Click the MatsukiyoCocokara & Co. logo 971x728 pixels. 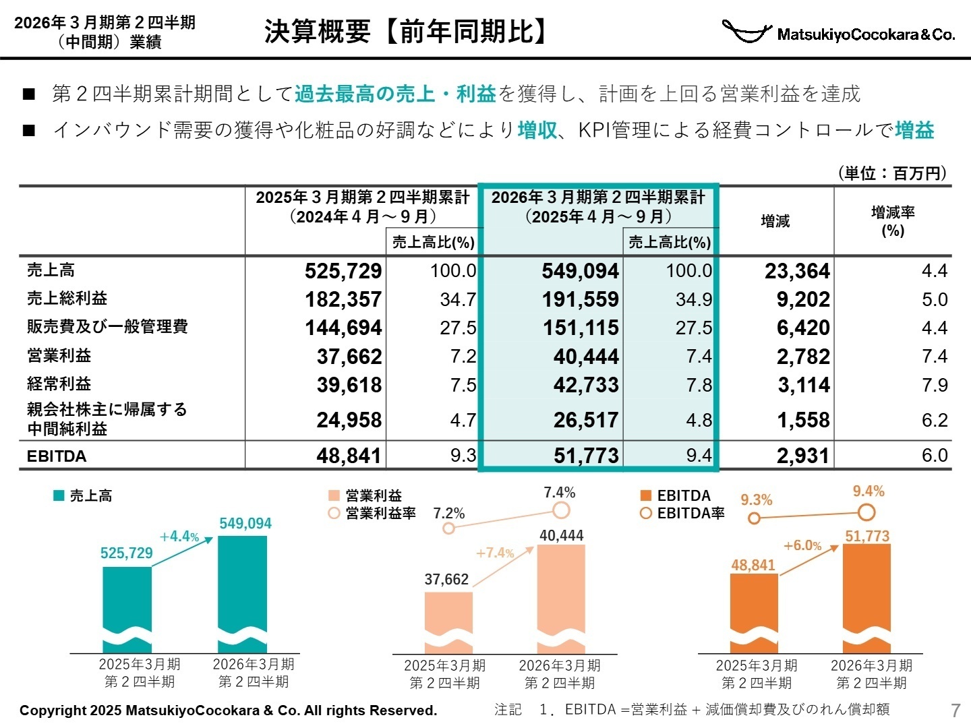pos(838,32)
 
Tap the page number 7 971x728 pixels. pos(955,710)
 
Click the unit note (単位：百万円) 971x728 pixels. pos(892,173)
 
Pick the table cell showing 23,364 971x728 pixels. pos(796,271)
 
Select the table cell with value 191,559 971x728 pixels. pos(581,299)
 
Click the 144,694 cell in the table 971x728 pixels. pos(343,328)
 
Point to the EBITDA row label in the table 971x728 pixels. pos(57,456)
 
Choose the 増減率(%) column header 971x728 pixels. pos(893,221)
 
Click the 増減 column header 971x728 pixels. pos(775,221)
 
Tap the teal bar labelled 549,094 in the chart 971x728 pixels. pos(243,586)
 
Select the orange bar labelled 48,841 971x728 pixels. pos(754,607)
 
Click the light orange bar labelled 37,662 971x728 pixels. pos(448,617)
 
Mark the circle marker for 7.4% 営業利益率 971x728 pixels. pos(561,511)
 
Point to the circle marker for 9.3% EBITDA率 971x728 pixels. pos(755,518)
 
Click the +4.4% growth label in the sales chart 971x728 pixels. pos(179,537)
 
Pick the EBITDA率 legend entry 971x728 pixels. pos(682,514)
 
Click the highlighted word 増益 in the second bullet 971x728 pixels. pos(914,130)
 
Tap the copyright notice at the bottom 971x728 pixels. pos(228,710)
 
